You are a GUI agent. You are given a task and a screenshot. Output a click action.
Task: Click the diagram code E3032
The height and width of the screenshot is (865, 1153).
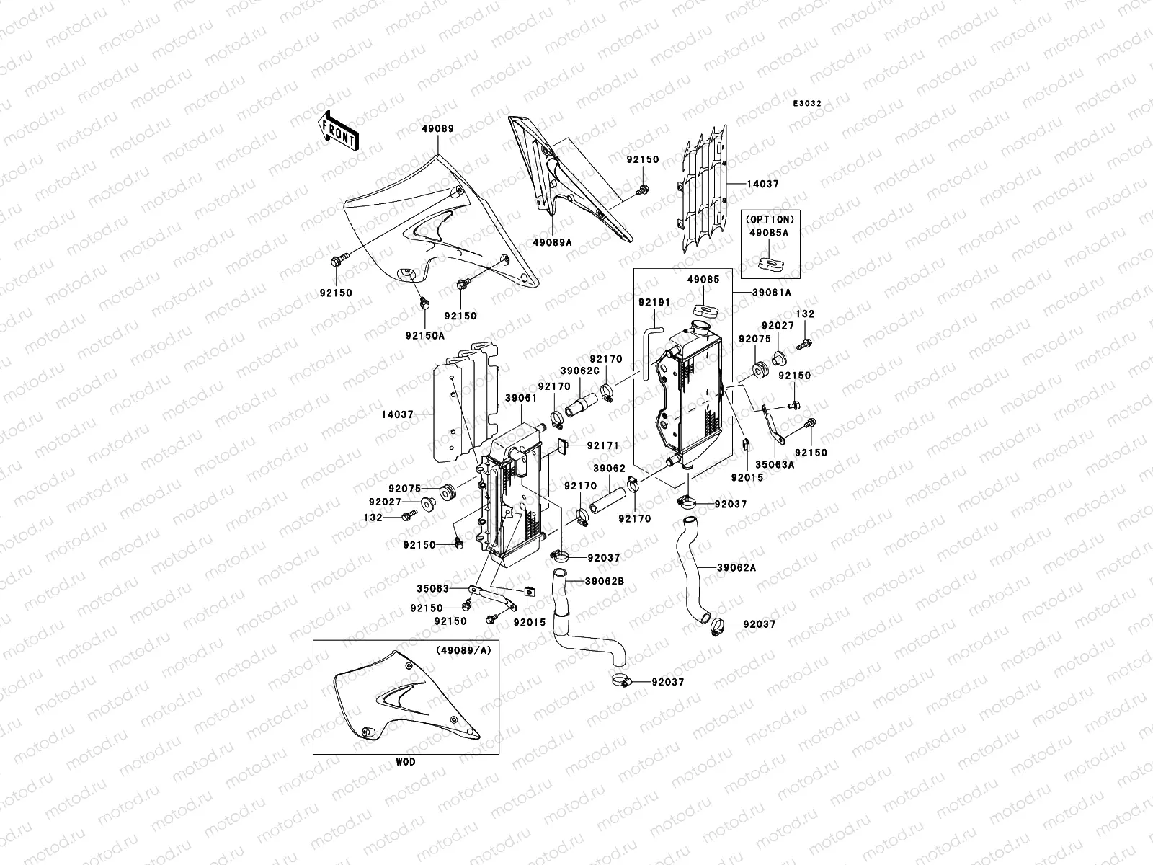tap(807, 104)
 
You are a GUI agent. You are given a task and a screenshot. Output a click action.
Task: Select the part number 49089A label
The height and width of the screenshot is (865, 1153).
tap(553, 243)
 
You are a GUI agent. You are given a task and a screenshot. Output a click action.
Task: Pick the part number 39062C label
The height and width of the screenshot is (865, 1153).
tap(581, 371)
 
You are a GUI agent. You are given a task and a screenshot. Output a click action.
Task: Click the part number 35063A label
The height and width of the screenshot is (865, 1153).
tap(775, 466)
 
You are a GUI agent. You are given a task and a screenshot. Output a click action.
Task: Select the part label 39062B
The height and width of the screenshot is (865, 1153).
tap(605, 581)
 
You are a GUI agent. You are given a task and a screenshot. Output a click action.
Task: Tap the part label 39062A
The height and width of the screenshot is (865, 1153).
tap(736, 567)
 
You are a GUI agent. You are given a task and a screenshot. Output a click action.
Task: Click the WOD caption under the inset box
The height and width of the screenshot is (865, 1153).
tap(405, 762)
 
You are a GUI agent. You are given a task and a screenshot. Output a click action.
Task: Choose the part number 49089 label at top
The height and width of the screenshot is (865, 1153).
tap(437, 129)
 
